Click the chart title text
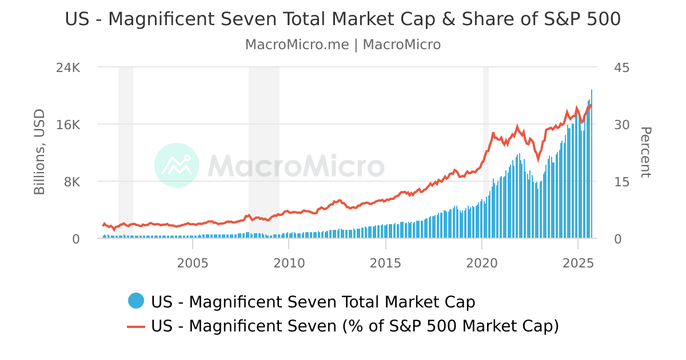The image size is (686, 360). pos(342,19)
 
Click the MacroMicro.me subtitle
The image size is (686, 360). pos(342,45)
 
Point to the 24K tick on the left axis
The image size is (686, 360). pos(68,67)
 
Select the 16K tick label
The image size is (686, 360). pos(68,125)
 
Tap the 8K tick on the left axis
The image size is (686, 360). pos(71,182)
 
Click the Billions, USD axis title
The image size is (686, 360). pos(39,152)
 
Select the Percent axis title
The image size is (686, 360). pos(645,152)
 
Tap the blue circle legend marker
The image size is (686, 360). pos(136,301)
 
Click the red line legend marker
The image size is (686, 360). pos(136,326)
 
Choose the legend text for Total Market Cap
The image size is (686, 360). pos(313,301)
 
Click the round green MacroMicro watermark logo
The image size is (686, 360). pos(177,165)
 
